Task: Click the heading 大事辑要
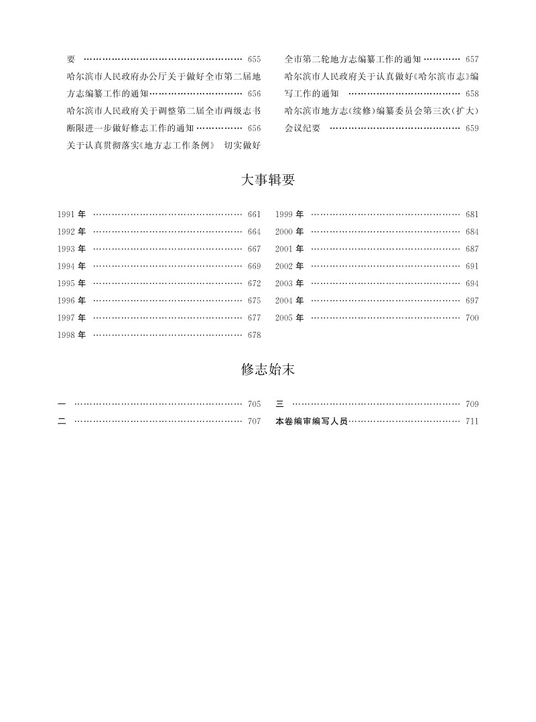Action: coord(267,180)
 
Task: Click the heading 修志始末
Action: coord(267,370)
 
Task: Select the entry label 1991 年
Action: coord(72,215)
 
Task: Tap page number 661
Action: coord(254,215)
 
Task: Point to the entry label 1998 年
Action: coord(72,335)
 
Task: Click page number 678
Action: coord(254,335)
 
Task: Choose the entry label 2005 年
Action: coord(289,318)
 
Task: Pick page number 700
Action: coord(472,318)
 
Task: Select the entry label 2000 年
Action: coord(289,232)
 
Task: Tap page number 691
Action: coord(472,266)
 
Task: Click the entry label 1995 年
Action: coord(72,284)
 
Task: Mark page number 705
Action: coord(254,404)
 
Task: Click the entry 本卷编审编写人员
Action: coord(312,422)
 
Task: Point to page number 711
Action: coord(472,422)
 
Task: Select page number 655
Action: coord(254,59)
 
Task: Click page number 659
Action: coord(472,127)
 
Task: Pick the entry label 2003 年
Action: coord(289,284)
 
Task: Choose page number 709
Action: coord(472,404)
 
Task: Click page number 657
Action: coord(472,59)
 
